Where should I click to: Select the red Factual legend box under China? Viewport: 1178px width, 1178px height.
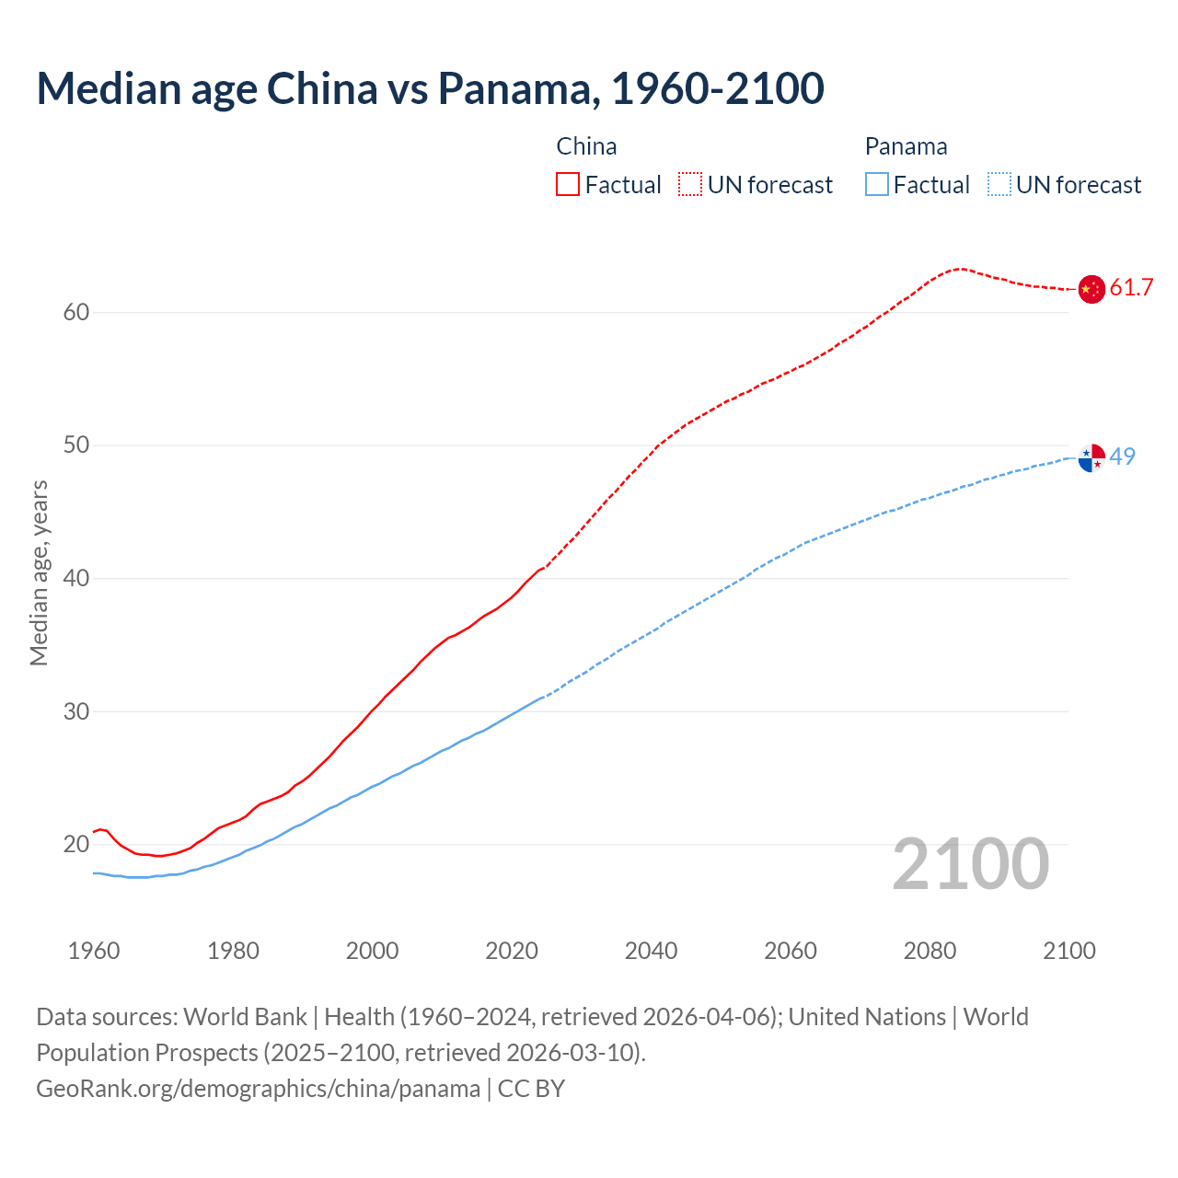(x=568, y=185)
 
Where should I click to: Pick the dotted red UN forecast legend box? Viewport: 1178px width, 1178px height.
(x=690, y=185)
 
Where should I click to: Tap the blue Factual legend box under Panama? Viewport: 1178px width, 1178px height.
(x=877, y=185)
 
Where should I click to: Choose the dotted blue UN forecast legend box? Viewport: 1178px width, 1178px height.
(x=999, y=185)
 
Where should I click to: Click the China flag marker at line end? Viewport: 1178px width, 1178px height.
(x=1091, y=289)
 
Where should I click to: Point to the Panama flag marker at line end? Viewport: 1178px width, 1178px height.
(x=1091, y=457)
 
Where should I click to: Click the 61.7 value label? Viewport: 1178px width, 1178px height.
(x=1131, y=288)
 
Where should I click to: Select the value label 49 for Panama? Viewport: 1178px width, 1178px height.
(x=1123, y=456)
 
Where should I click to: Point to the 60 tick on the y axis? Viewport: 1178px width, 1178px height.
(x=76, y=313)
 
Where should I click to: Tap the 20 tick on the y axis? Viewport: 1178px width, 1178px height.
(x=76, y=845)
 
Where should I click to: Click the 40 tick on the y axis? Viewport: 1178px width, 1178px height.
(x=76, y=579)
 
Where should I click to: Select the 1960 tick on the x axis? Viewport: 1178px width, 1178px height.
(x=94, y=951)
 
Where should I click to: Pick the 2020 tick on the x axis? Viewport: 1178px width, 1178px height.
(x=512, y=951)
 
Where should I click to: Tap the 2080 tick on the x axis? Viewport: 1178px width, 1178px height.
(x=930, y=951)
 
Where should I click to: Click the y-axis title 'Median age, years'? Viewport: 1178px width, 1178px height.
(x=39, y=572)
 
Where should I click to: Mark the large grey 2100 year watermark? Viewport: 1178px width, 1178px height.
(x=971, y=864)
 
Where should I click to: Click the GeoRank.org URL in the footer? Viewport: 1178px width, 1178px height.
(x=258, y=1089)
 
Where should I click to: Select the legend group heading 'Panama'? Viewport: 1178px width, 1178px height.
(x=906, y=146)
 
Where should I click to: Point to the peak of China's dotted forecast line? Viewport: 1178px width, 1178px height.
(x=960, y=269)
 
